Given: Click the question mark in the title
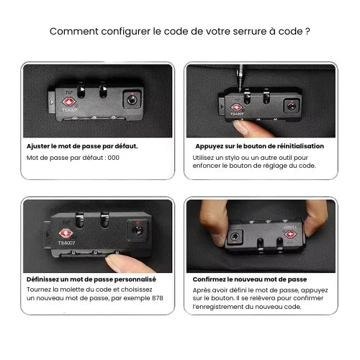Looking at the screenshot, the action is pos(307,32).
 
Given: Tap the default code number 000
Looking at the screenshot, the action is pos(114,158).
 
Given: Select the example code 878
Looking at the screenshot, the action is pos(158,298).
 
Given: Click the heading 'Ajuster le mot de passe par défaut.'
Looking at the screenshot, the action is pos(82,146).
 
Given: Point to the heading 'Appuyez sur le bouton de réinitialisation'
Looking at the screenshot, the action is pos(260,146).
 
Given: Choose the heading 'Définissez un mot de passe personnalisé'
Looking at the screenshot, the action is pos(91,279).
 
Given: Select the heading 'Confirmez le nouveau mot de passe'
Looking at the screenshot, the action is pos(250,279).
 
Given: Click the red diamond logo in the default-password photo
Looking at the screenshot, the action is pos(69,102).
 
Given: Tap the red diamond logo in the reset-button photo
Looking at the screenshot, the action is pos(236,108).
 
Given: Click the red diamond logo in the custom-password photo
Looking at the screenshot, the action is pos(66,233).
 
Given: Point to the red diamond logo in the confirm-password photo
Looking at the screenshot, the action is pos(290,234).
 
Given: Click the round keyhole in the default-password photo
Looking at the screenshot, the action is pos(132,99).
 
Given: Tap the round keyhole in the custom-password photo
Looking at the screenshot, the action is pos(138,230).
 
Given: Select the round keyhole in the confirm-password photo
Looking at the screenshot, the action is pos(235,237).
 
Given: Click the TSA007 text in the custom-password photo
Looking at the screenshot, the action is pos(66,243).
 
